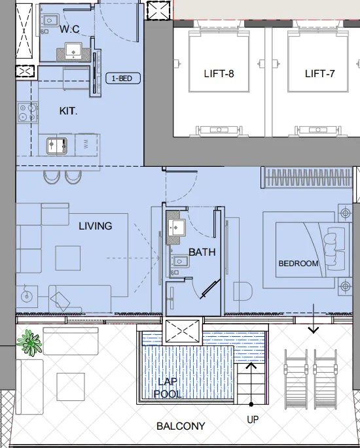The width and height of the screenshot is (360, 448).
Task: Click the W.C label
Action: point(69,30)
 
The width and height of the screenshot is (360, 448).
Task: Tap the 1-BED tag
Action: point(123,78)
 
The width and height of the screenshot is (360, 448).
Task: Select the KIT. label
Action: point(68,111)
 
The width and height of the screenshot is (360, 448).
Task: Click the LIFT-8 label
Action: point(219,73)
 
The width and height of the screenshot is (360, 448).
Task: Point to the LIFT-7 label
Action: point(320,73)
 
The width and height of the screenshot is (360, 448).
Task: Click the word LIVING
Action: point(96,226)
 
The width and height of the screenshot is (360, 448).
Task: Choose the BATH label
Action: point(202,252)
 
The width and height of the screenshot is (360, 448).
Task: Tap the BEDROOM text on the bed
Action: point(298,264)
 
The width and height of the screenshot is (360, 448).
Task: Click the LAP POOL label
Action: point(169,388)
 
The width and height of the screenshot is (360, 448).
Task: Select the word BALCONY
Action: point(181,426)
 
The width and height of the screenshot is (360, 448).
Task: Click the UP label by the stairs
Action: point(252,419)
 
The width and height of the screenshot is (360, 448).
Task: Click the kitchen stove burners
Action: point(27,113)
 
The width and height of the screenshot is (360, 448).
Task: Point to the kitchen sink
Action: point(56,145)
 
